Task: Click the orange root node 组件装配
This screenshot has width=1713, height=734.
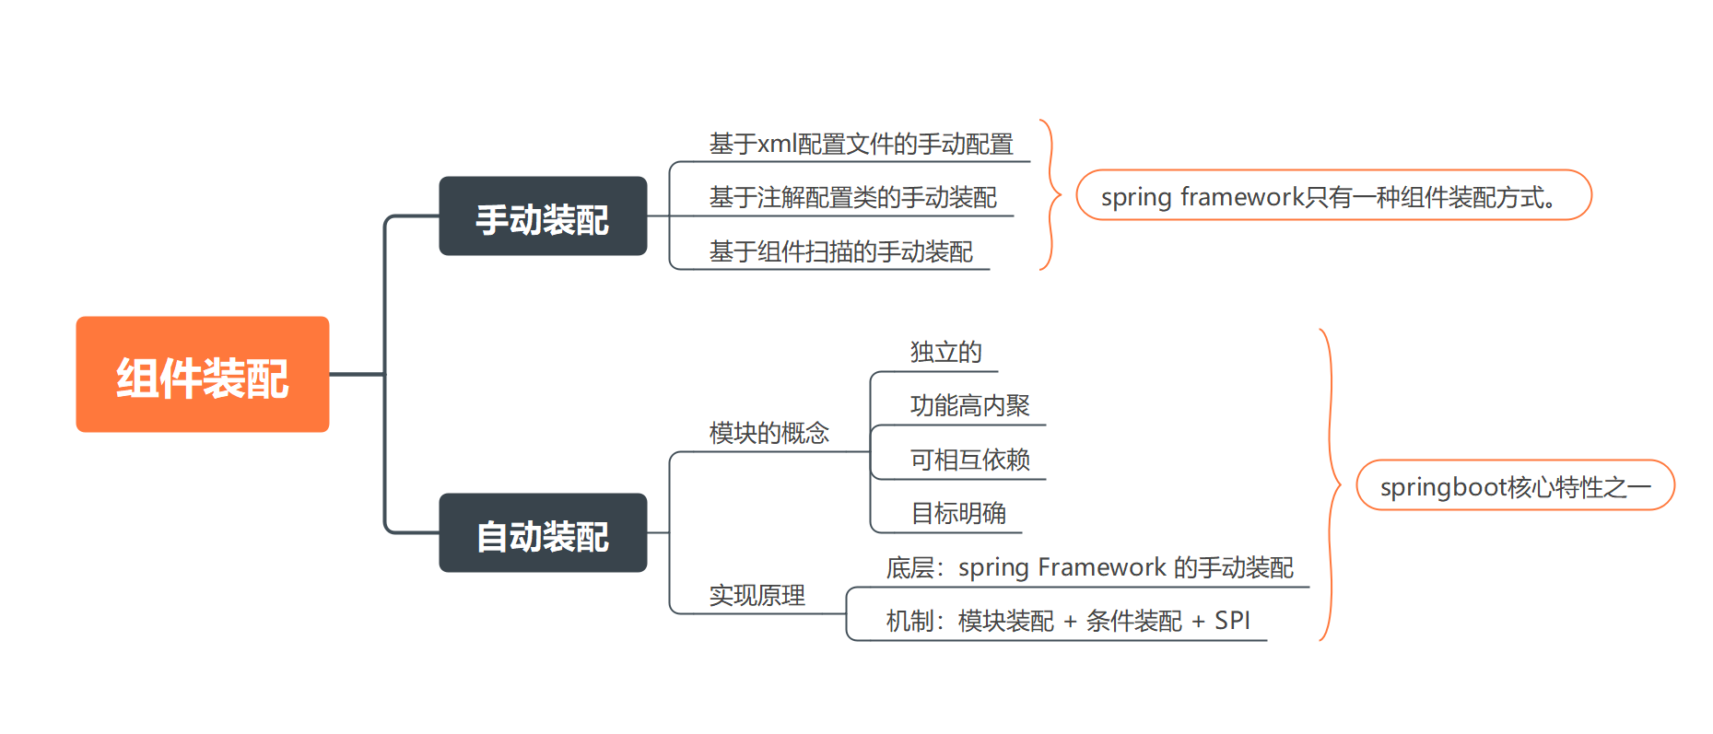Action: click(202, 375)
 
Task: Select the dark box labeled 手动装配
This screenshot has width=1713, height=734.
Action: click(543, 216)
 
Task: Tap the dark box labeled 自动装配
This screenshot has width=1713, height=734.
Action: click(543, 533)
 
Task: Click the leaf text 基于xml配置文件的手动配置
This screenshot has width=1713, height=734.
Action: click(861, 145)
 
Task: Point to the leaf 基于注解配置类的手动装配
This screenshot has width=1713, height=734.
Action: click(852, 198)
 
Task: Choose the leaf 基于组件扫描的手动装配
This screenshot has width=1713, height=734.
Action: click(840, 251)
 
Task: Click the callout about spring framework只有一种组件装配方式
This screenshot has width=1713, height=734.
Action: click(1332, 195)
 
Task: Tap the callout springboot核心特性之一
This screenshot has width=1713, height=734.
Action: click(1514, 485)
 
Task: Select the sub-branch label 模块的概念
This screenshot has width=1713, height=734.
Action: click(769, 433)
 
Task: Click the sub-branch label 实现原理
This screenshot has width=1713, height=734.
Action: click(757, 595)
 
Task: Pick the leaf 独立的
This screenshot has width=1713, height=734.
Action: click(945, 352)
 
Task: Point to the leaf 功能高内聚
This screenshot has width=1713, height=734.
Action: click(969, 405)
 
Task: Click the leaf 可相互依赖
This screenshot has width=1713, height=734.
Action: click(969, 460)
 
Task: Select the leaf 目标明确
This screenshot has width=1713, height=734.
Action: click(957, 513)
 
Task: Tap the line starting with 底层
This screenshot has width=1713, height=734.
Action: click(1089, 567)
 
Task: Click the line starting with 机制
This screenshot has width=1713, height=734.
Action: click(1067, 621)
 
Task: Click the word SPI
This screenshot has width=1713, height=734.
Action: click(1232, 621)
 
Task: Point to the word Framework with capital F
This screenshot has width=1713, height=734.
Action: click(1101, 567)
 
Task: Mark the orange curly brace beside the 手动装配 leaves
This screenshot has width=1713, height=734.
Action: click(1050, 194)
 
